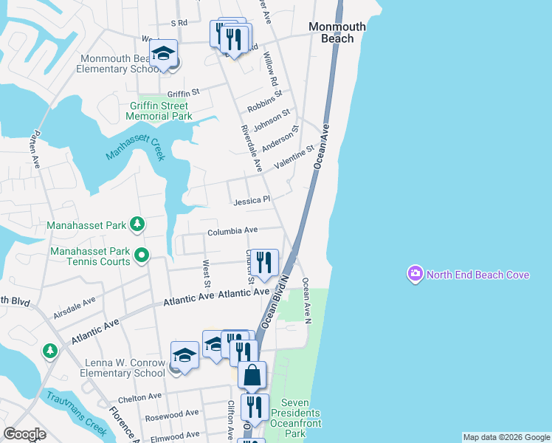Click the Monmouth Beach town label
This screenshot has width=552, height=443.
click(x=337, y=32)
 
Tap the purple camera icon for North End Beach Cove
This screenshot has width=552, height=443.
click(x=415, y=275)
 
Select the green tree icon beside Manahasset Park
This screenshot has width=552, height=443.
click(x=137, y=224)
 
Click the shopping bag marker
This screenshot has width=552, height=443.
click(x=252, y=375)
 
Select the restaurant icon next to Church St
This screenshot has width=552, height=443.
click(x=265, y=262)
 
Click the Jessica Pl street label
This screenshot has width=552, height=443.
click(x=252, y=201)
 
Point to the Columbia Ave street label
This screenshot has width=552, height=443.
click(x=232, y=231)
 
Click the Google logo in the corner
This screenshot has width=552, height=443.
click(x=24, y=434)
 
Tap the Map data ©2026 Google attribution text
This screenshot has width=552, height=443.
click(x=506, y=437)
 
